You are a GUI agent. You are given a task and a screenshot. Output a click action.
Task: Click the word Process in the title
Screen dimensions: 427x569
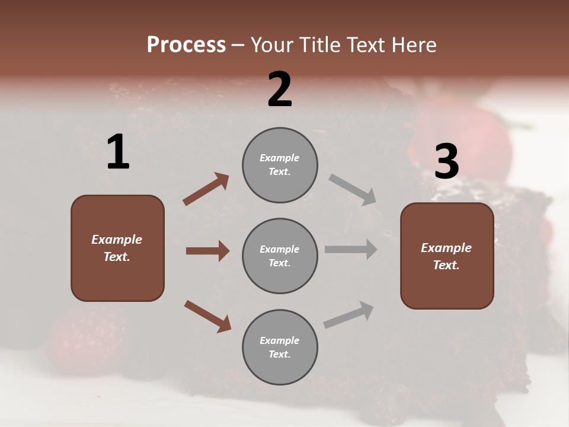[186, 45]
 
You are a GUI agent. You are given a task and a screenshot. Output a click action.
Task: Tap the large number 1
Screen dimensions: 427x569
[118, 152]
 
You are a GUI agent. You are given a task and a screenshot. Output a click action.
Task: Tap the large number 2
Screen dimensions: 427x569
[280, 90]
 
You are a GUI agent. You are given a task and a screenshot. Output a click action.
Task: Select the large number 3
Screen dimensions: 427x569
[446, 161]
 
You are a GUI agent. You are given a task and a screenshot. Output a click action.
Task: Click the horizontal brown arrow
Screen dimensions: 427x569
[207, 251]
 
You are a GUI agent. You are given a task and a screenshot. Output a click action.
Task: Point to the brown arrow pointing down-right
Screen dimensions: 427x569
[207, 316]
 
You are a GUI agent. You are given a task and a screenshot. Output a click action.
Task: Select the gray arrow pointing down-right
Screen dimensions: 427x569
[352, 190]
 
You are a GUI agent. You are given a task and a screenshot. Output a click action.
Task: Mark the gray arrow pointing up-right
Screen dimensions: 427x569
[349, 315]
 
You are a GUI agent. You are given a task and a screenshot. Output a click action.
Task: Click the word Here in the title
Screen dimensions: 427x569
[413, 45]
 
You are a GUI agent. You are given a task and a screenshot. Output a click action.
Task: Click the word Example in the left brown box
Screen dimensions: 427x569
[117, 240]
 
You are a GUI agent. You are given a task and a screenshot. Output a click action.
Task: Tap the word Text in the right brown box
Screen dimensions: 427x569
[445, 265]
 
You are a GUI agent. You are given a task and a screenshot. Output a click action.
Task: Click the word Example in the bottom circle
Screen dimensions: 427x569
[279, 340]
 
